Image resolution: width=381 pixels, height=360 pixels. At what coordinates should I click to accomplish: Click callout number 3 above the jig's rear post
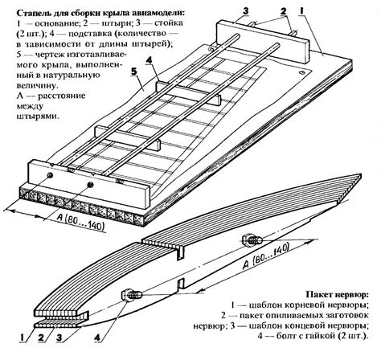[245, 11]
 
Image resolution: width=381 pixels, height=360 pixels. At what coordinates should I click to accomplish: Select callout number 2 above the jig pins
[283, 11]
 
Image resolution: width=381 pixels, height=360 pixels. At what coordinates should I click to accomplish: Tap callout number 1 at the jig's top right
[301, 11]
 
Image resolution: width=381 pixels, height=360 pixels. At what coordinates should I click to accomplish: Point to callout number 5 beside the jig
[134, 72]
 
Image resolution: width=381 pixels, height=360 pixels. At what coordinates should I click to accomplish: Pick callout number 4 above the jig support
[149, 60]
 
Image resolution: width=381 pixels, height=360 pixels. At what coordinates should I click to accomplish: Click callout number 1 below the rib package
[23, 337]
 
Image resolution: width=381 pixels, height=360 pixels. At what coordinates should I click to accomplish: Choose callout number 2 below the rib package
[41, 337]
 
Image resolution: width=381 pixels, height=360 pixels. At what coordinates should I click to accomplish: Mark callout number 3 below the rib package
[59, 337]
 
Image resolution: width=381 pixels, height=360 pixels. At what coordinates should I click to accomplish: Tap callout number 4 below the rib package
[97, 337]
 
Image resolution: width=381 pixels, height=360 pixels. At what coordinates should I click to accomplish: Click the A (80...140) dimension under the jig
[80, 223]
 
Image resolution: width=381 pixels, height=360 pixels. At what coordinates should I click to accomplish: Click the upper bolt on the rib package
[252, 239]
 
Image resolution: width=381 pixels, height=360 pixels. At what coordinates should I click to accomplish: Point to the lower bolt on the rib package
[132, 295]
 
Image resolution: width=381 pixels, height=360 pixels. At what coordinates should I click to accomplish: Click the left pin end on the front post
[50, 175]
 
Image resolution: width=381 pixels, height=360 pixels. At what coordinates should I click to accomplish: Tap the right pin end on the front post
[90, 185]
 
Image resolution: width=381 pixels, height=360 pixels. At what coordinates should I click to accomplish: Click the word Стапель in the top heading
[31, 13]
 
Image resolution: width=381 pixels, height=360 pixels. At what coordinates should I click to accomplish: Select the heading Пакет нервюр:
[337, 295]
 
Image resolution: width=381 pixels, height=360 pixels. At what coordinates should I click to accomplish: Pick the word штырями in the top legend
[37, 117]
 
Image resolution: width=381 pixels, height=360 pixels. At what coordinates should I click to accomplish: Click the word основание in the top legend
[57, 23]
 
